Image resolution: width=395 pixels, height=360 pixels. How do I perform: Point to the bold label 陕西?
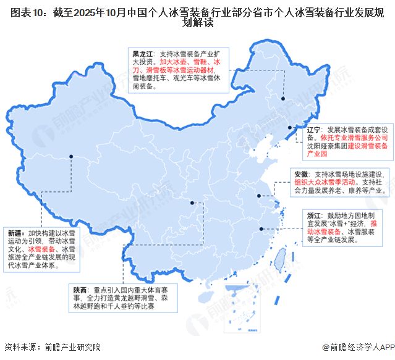pyautogui.click(x=80, y=290)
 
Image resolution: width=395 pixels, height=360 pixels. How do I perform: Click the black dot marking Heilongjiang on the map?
pyautogui.click(x=282, y=98)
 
